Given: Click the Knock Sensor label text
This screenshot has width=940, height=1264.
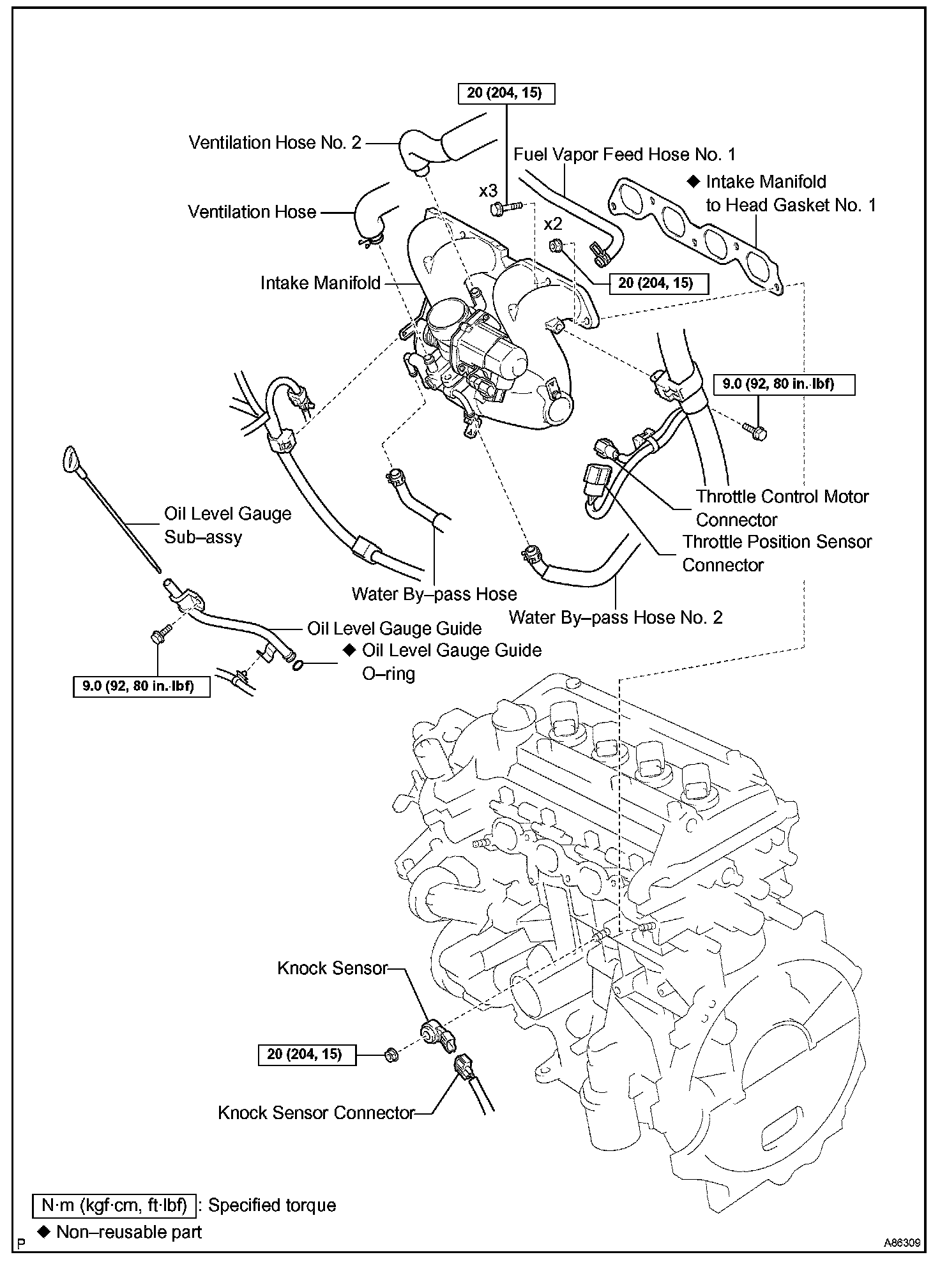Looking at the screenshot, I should (x=332, y=968).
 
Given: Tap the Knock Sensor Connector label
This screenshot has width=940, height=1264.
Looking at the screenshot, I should (x=316, y=1113).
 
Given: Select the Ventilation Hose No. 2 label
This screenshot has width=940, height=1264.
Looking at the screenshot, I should (x=275, y=142).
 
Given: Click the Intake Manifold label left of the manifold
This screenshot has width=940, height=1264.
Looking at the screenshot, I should (x=320, y=283).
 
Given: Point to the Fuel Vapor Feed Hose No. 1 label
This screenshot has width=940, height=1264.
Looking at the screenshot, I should (x=625, y=154).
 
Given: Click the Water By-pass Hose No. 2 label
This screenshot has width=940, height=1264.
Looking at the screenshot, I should (x=616, y=617).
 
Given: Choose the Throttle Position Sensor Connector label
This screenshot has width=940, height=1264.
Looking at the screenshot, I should (x=777, y=553).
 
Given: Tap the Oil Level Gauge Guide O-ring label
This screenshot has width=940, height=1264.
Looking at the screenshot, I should (x=451, y=661).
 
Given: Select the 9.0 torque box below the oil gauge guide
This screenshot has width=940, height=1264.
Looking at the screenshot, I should (x=142, y=686).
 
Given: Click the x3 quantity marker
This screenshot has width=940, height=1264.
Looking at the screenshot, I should (x=488, y=191).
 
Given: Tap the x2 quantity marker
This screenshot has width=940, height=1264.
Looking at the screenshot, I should (x=553, y=224).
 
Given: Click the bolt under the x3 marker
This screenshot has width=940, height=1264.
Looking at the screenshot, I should (x=504, y=207).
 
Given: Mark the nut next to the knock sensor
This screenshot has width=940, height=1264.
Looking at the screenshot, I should (x=391, y=1055).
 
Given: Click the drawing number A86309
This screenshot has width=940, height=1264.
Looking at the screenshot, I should (x=902, y=1243).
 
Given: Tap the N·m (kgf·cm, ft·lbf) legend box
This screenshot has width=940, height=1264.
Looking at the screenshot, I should (x=114, y=1205).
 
